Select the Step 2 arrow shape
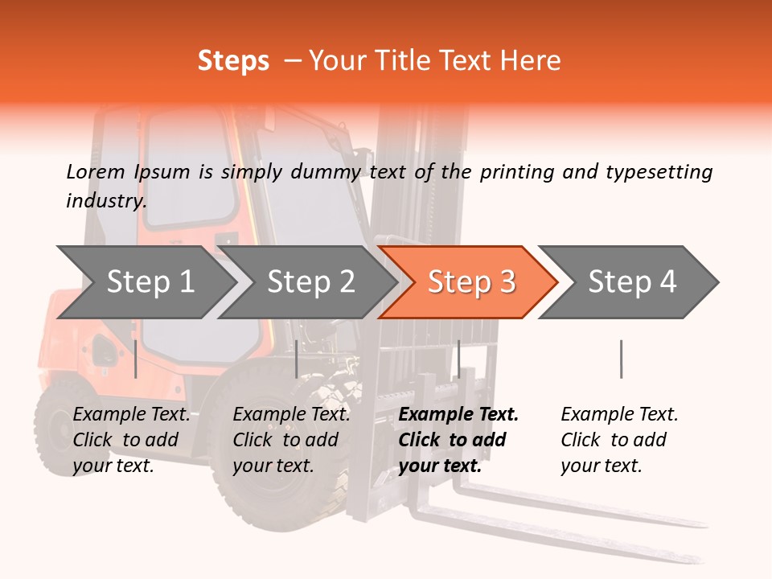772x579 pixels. pos(310,282)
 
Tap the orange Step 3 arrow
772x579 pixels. pos(471,282)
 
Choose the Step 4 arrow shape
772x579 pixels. pos(632,282)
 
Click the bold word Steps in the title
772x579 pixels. pos(233,60)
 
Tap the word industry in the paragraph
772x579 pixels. pos(105,200)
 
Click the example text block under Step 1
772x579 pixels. pos(131,440)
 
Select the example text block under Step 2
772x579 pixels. pos(291,440)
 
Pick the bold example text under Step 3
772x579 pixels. pos(458,440)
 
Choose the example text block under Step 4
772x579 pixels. pos(619,440)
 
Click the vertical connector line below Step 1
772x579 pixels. pos(136,359)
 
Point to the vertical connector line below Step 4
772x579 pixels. pos(621,359)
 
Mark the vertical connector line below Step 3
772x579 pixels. pos(458,359)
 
